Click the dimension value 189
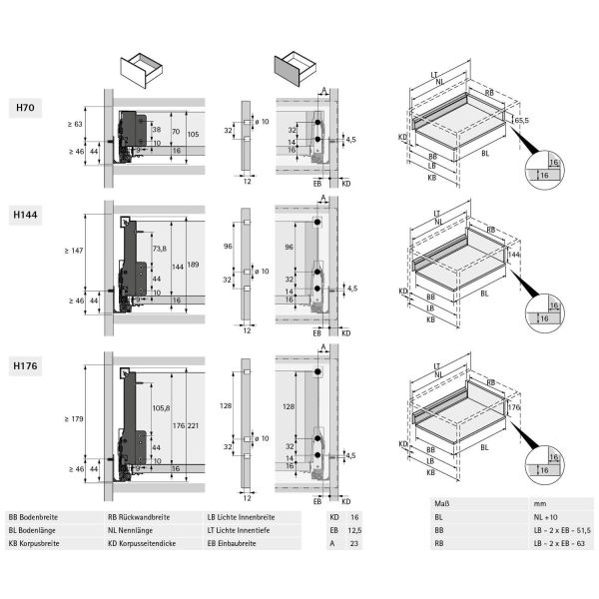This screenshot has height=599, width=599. tap(194, 265)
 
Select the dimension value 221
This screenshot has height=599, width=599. tap(194, 425)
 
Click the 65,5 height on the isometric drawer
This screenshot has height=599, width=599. tap(520, 121)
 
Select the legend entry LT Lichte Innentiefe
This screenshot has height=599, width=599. tap(242, 531)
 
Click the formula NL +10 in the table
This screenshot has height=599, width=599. tap(548, 517)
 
